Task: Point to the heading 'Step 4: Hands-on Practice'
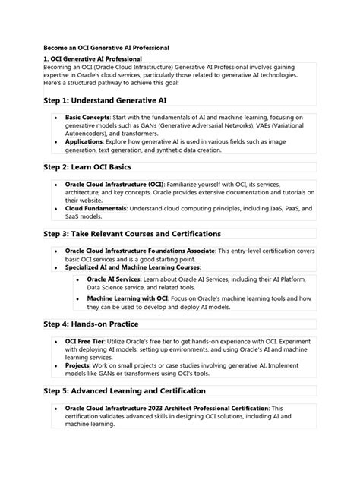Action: tap(95, 324)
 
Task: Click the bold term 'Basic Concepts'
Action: tap(87, 118)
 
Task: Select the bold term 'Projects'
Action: tap(78, 365)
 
